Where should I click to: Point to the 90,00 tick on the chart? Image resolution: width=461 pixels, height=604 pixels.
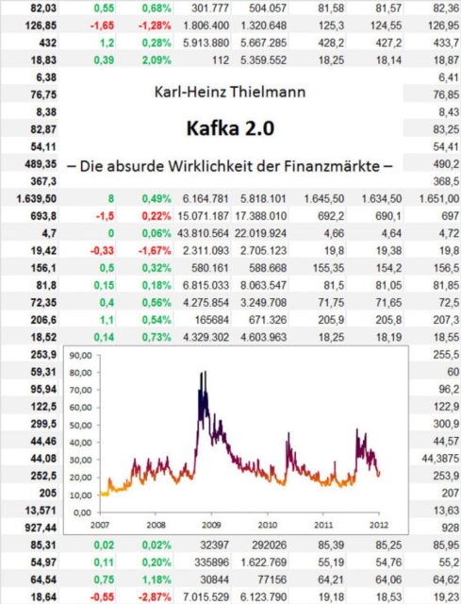[x=82, y=357]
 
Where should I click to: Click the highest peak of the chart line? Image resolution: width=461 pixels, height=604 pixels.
[x=202, y=374]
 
